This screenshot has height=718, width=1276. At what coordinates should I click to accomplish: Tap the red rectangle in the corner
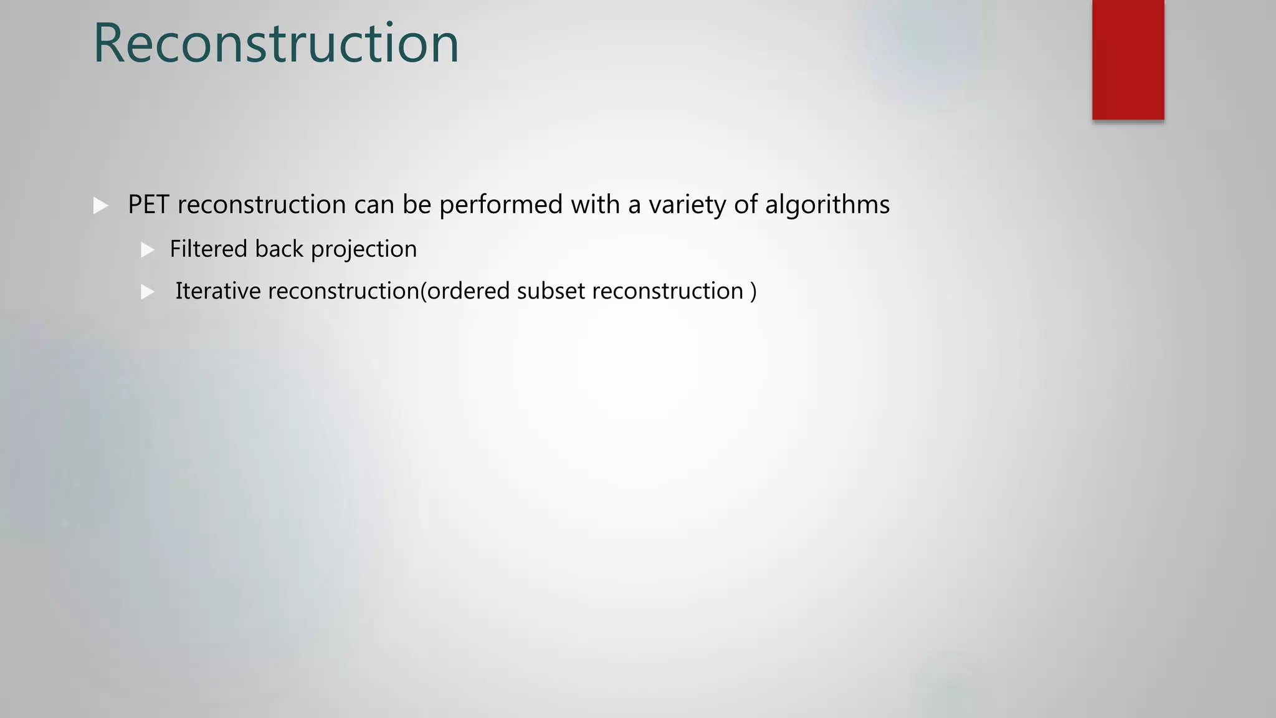[x=1128, y=60]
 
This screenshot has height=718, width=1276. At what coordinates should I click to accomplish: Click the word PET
[x=148, y=204]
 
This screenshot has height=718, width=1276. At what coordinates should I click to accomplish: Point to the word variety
[x=687, y=204]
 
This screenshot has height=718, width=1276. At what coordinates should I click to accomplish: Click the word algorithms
[x=827, y=204]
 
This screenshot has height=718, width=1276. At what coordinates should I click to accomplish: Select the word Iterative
[x=218, y=291]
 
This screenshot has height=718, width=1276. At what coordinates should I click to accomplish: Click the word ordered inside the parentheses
[x=468, y=291]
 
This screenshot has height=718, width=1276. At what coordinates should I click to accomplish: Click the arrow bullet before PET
[x=100, y=205]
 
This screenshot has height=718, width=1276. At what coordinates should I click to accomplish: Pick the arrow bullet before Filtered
[x=148, y=250]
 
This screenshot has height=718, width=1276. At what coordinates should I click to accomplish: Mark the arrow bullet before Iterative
[x=148, y=292]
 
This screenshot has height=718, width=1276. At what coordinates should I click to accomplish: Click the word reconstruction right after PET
[x=262, y=204]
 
